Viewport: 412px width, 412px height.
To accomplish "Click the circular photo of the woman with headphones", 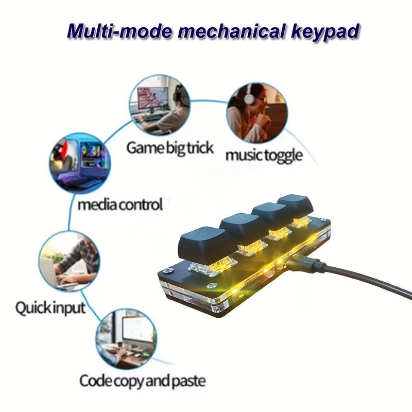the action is click(257, 113).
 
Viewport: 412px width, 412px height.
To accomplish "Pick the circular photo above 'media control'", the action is click(80, 163).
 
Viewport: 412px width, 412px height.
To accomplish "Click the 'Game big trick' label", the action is click(170, 148).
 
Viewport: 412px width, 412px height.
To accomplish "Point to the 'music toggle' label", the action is click(264, 156).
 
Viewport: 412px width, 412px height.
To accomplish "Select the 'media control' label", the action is click(121, 204).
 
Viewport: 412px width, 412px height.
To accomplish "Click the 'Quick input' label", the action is click(50, 307).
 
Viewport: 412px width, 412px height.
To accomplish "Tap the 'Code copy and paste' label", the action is click(143, 381).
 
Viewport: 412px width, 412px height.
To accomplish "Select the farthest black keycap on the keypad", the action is click(295, 205).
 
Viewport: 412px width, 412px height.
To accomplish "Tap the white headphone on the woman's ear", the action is click(249, 98).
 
